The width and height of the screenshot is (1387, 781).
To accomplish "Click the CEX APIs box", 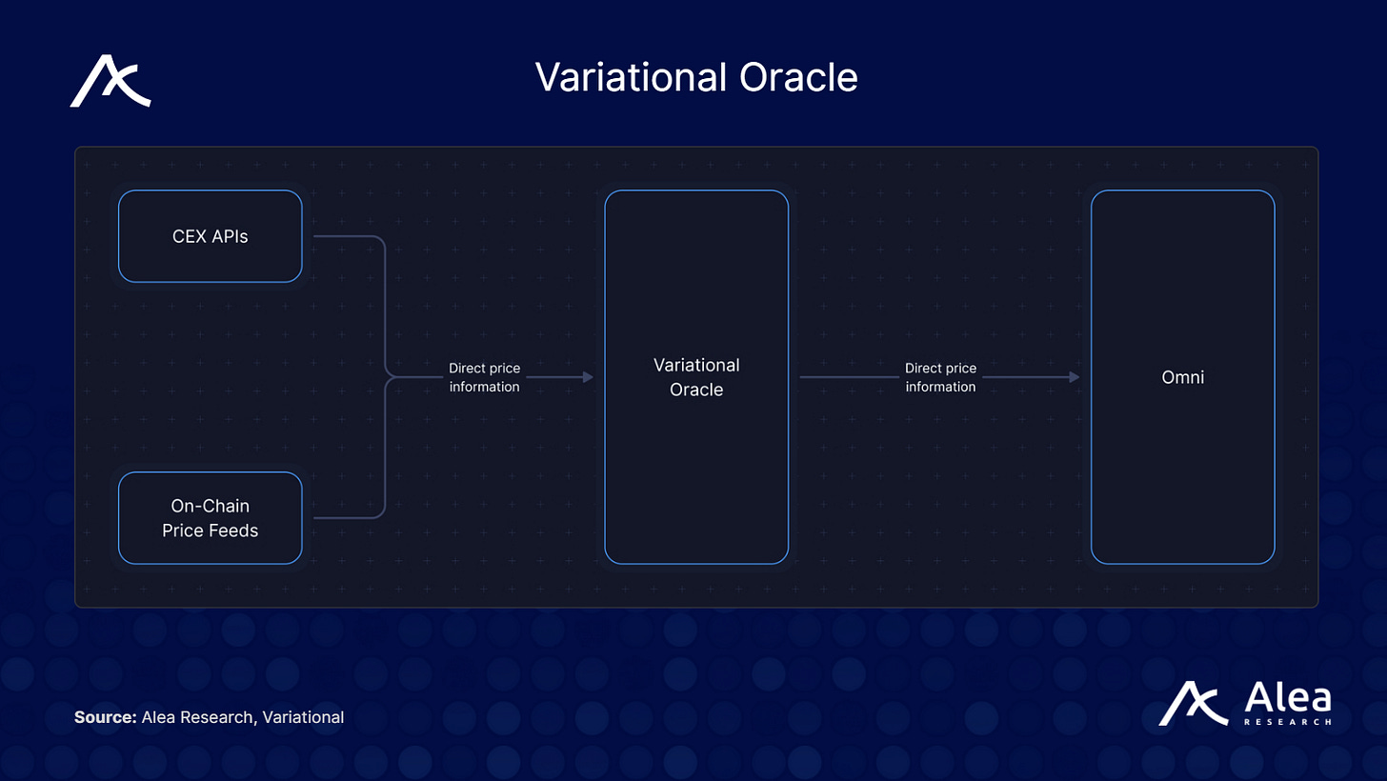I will click(x=210, y=236).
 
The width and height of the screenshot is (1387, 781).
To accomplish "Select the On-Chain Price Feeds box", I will click(x=210, y=518).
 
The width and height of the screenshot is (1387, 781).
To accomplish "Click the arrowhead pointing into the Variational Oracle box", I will click(x=589, y=377).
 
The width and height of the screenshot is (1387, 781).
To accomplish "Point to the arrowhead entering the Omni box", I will click(x=1075, y=377).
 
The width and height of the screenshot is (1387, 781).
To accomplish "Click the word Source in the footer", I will click(x=105, y=717).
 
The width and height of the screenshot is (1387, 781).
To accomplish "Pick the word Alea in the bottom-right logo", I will click(x=1287, y=699).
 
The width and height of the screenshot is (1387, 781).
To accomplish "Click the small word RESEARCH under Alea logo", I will click(x=1287, y=723).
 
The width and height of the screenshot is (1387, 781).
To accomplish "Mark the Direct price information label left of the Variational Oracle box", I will click(x=484, y=377).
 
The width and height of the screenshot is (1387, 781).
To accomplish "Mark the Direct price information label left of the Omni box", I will click(x=940, y=377).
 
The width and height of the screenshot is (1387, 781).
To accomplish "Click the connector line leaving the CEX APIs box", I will click(x=349, y=236).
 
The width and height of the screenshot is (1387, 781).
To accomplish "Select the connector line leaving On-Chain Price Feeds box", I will click(x=349, y=518).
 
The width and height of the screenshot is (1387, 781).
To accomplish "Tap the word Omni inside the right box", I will click(x=1182, y=378).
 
